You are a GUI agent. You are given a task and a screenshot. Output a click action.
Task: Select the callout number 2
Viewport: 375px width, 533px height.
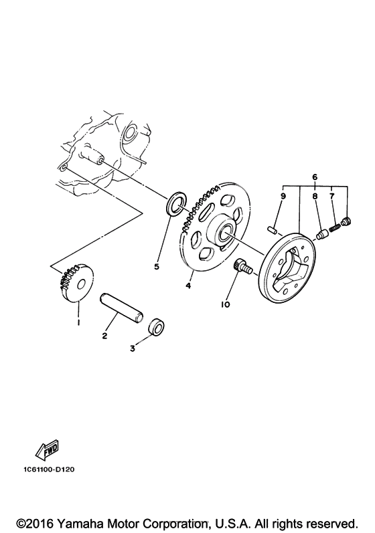[x=104, y=336]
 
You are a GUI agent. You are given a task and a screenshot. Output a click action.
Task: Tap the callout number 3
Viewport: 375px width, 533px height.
[x=133, y=348]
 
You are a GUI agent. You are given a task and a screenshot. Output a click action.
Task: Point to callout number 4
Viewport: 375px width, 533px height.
[x=188, y=286]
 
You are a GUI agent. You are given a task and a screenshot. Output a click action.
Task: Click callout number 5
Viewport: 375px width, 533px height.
[x=156, y=266]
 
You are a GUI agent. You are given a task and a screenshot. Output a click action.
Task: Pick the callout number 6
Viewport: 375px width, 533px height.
[x=315, y=177]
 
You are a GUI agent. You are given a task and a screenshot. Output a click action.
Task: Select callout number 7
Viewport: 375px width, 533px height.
[x=331, y=196]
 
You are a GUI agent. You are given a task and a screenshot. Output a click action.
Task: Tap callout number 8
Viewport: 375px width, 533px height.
[x=315, y=196]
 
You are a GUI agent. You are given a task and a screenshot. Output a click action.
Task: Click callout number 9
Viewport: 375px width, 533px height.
[x=283, y=196]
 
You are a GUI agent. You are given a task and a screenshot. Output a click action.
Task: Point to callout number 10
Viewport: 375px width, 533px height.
[x=225, y=304]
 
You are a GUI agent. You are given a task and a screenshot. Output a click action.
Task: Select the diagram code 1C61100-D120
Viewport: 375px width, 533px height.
[x=49, y=469]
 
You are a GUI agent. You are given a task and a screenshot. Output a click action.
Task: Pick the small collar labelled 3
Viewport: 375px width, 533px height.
[x=157, y=327]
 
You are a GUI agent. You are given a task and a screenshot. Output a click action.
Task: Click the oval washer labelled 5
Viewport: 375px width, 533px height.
[x=176, y=203]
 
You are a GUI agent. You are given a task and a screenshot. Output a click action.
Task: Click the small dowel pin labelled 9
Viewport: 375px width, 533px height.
[x=273, y=230]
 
